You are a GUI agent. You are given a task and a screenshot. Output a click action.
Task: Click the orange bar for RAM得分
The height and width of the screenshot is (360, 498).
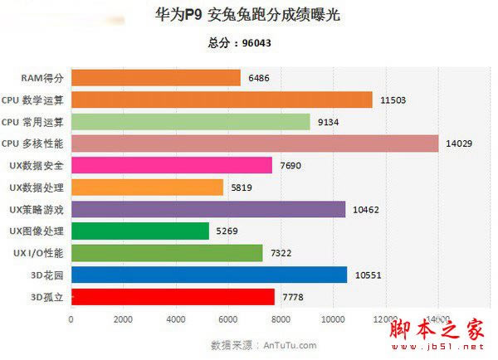click(x=156, y=78)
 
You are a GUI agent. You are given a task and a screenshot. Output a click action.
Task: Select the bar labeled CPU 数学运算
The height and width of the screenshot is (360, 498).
click(x=222, y=100)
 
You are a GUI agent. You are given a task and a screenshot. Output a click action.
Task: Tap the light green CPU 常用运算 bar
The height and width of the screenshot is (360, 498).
click(x=191, y=122)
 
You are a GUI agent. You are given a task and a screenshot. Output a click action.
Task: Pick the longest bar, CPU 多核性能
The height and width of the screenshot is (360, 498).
click(x=255, y=144)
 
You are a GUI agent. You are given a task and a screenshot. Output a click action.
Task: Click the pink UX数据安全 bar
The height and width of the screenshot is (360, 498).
click(x=172, y=165)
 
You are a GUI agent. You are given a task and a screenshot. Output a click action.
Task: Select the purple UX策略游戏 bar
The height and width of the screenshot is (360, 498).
click(x=208, y=209)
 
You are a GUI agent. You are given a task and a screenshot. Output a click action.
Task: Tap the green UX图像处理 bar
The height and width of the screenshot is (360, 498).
click(x=140, y=231)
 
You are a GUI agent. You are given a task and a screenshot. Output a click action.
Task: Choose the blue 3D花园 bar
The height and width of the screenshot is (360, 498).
click(x=209, y=275)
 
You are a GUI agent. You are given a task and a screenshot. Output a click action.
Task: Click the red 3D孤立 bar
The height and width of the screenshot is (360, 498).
click(x=173, y=296)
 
